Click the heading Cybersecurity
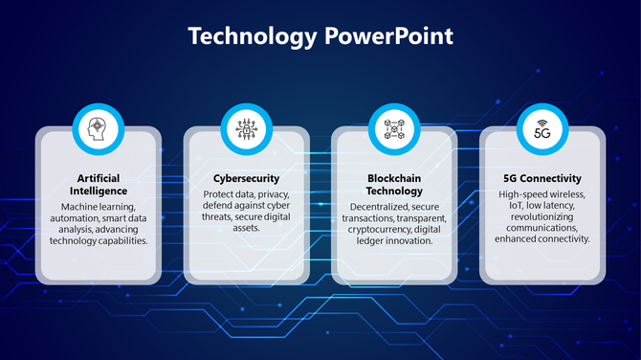[246, 179]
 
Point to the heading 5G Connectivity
[542, 179]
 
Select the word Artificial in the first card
[99, 179]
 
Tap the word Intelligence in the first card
[99, 191]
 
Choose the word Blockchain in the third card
[394, 179]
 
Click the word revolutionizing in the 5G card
[542, 217]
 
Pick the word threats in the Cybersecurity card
[222, 217]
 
